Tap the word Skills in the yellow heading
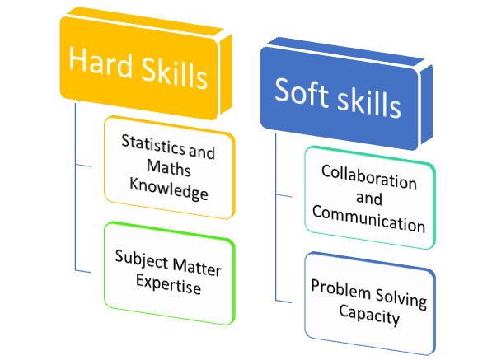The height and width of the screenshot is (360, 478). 175,73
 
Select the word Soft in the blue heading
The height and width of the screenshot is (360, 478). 301,91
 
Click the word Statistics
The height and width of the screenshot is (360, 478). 153,144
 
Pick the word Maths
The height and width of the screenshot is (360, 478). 169,167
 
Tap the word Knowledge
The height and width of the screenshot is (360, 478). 169,189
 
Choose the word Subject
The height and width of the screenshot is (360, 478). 142,259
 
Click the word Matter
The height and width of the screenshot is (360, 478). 197,267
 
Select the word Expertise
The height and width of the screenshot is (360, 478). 169,283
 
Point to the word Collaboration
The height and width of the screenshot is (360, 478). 369,177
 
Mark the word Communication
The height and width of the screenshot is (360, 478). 368,219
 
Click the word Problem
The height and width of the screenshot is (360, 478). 340,289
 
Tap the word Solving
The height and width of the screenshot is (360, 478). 401,299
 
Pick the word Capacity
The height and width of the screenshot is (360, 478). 369,316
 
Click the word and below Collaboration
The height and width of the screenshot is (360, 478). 369,199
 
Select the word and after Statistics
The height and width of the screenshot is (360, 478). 202,152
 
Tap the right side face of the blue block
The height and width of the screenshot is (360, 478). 426,105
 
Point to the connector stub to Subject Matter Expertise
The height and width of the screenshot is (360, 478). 83,271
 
